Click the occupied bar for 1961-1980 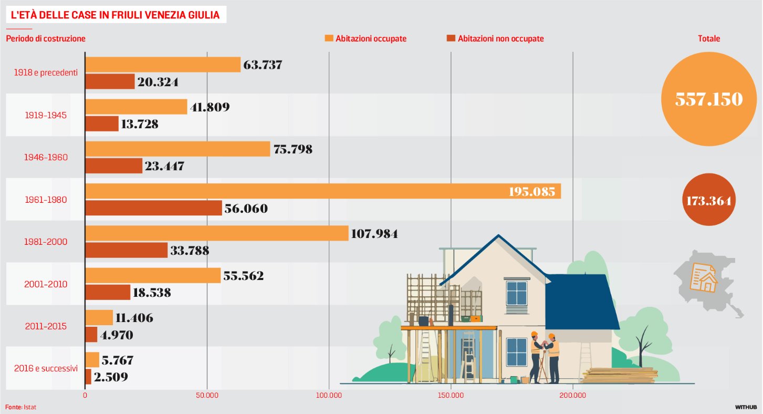pos(322,191)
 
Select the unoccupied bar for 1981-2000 pos(126,250)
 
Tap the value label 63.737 pos(263,65)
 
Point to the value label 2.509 pos(111,377)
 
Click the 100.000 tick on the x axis pos(329,395)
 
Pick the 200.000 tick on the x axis pos(572,395)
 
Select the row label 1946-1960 pos(46,157)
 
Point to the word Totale pos(709,38)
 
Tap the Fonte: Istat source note pos(21,407)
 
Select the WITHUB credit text pos(746,407)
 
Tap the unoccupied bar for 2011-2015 pos(91,335)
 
